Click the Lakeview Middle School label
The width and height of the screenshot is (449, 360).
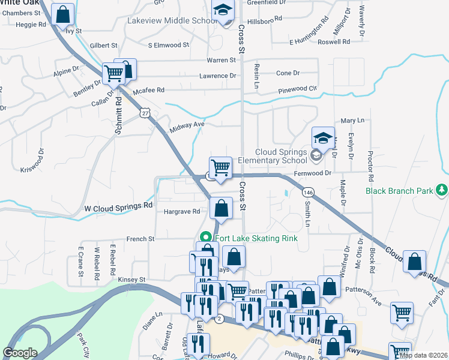[x=172, y=20]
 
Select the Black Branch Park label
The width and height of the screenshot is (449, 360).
[x=399, y=191]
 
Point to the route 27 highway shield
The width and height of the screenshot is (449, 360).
[x=145, y=113]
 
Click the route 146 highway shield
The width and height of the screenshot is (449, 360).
[x=308, y=192]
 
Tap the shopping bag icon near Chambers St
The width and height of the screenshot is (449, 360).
[x=62, y=14]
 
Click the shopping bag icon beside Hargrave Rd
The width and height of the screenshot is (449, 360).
[x=221, y=209]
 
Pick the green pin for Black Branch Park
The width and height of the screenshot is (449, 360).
[x=442, y=190]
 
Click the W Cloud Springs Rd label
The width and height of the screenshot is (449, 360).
[x=118, y=205]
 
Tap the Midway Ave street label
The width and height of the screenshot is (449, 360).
[x=187, y=125]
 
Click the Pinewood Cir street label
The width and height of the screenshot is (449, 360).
[x=297, y=89]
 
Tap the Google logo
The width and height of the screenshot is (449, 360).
[x=20, y=353]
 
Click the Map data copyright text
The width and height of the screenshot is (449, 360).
[x=423, y=355]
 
